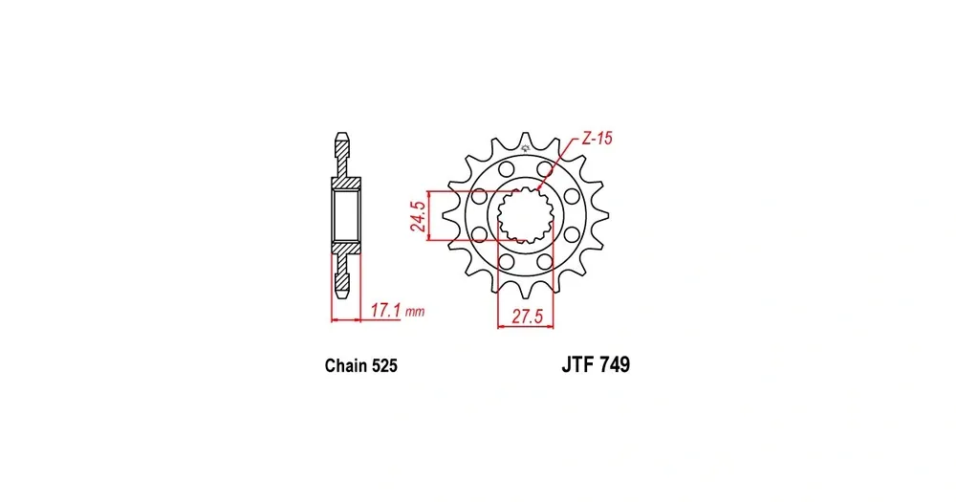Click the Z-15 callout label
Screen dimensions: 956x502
coord(597,139)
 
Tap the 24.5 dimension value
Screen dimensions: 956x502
coord(418,216)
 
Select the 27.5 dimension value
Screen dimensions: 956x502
coord(527,316)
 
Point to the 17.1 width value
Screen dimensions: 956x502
coord(385,311)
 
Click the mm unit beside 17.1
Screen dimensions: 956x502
coord(415,313)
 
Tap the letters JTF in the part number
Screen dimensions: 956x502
coord(577,364)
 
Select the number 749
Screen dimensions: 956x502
coord(615,364)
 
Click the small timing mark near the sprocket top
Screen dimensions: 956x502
coord(525,148)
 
